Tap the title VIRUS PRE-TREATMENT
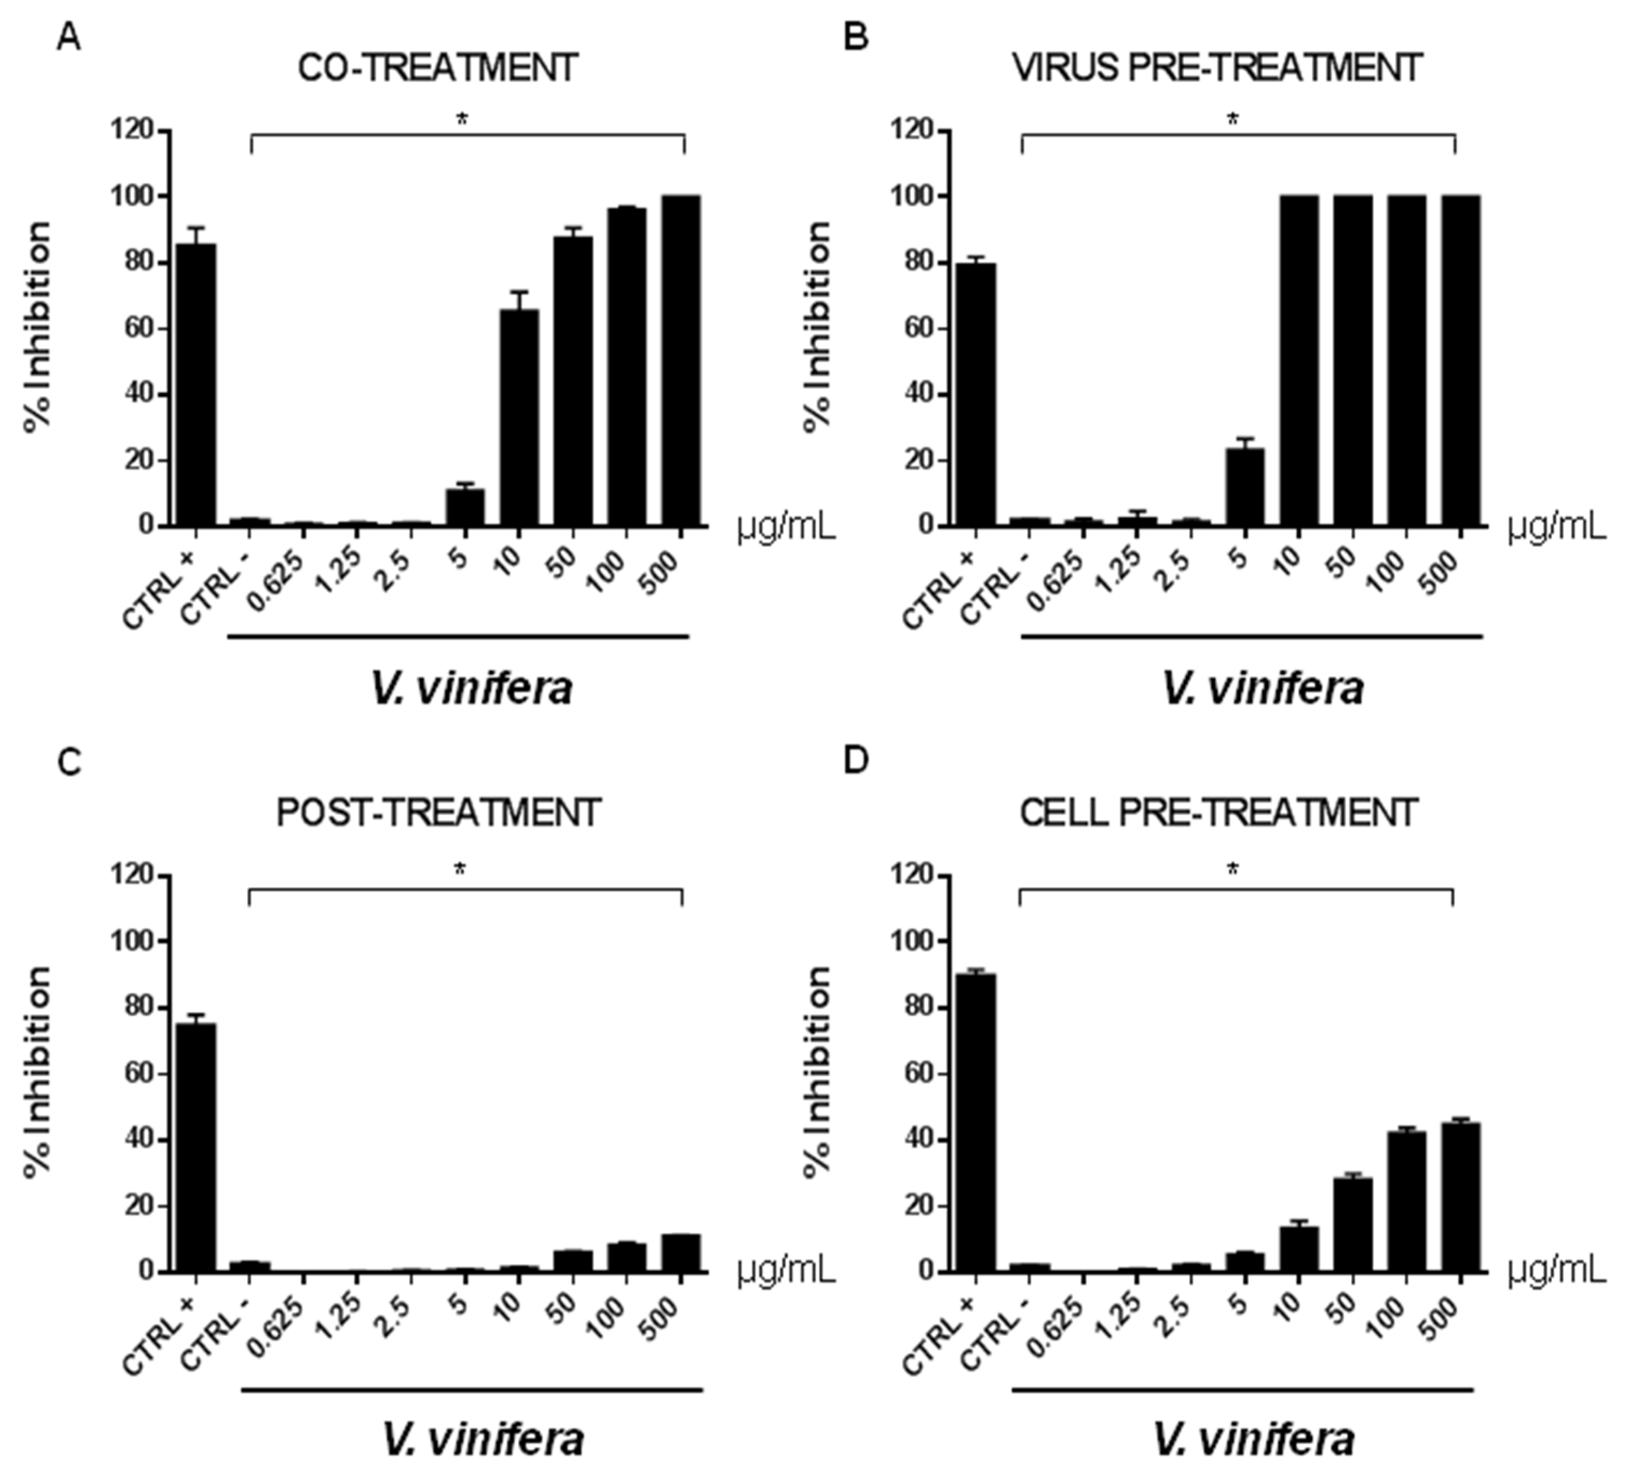point(1216,69)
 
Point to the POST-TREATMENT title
point(438,813)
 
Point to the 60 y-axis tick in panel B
point(916,328)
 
